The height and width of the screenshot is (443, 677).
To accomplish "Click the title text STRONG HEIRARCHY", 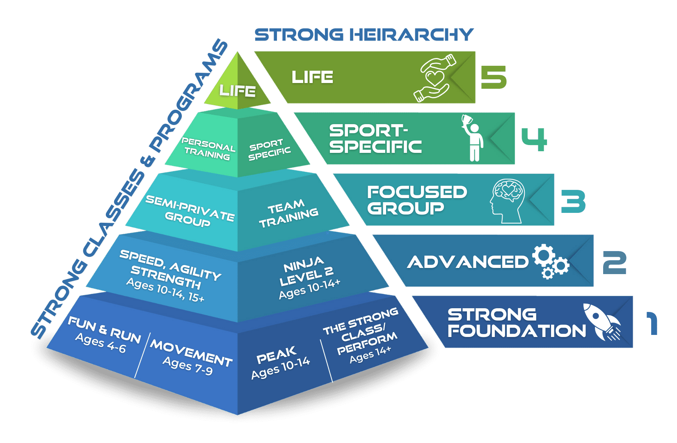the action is click(x=364, y=35).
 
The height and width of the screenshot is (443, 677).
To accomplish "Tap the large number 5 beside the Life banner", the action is click(x=494, y=77).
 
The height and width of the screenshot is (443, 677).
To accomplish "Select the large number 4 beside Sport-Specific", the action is click(x=534, y=139).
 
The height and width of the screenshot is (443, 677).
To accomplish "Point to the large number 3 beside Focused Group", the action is click(x=573, y=201).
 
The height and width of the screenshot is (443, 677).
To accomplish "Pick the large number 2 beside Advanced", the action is click(x=614, y=263).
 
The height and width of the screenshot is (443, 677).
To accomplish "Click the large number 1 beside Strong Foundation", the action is click(x=652, y=323).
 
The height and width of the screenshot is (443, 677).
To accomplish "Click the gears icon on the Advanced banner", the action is click(x=551, y=262).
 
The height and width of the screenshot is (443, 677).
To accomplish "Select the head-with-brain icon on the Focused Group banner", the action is click(x=507, y=201).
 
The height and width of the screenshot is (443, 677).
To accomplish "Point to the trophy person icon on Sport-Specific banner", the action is click(x=472, y=138).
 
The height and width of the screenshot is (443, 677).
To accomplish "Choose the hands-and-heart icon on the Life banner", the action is click(x=435, y=78).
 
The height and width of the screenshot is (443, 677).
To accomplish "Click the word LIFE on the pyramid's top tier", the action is click(x=238, y=91).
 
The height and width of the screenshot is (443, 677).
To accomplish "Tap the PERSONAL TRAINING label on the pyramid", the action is click(x=208, y=148).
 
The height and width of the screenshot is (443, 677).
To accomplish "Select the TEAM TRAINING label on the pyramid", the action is click(x=288, y=214).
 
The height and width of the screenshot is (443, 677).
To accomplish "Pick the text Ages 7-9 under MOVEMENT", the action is click(x=188, y=366).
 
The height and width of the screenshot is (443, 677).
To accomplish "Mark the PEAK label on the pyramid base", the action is click(x=276, y=355).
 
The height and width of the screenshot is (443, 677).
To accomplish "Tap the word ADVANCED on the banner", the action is click(x=468, y=262).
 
